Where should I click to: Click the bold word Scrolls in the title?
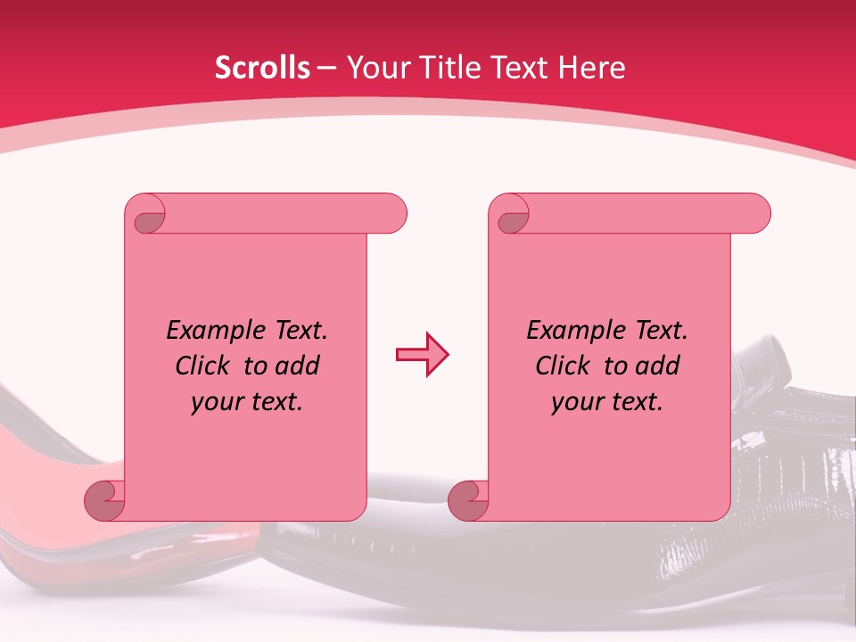pyautogui.click(x=262, y=68)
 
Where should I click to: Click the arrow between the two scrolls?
pyautogui.click(x=422, y=355)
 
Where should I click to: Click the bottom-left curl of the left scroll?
pyautogui.click(x=104, y=499)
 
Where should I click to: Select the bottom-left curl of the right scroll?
pyautogui.click(x=468, y=499)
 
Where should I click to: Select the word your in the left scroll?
pyautogui.click(x=215, y=402)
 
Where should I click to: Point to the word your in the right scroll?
pyautogui.click(x=575, y=402)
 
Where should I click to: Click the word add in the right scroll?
pyautogui.click(x=658, y=366)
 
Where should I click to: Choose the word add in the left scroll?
pyautogui.click(x=298, y=366)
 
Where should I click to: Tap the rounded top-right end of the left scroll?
pyautogui.click(x=392, y=214)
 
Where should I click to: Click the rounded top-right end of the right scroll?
pyautogui.click(x=756, y=214)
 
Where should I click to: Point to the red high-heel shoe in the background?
pyautogui.click(x=45, y=499)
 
